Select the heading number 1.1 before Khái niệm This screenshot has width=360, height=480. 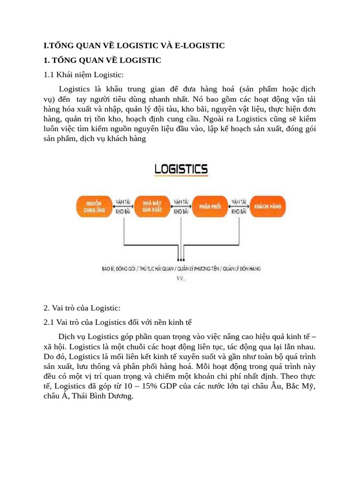click(x=49, y=75)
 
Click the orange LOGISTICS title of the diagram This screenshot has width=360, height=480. click(x=181, y=169)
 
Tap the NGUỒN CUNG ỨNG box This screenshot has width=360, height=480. click(x=92, y=206)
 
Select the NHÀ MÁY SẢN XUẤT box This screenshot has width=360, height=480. click(x=152, y=206)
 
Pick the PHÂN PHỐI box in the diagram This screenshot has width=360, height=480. click(x=210, y=206)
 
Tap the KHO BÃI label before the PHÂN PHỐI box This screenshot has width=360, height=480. click(x=181, y=212)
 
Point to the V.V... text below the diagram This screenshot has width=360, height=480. click(x=181, y=278)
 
